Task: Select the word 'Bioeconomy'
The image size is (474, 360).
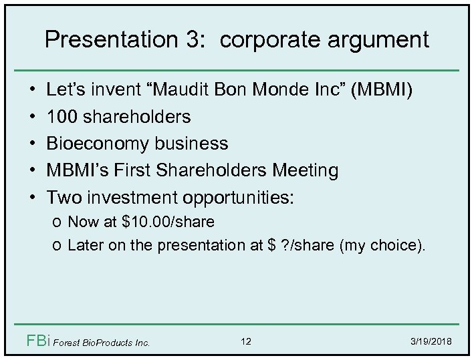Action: tap(100, 144)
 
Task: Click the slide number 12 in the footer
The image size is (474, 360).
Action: tap(246, 342)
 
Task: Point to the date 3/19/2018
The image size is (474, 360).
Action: tap(433, 342)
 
